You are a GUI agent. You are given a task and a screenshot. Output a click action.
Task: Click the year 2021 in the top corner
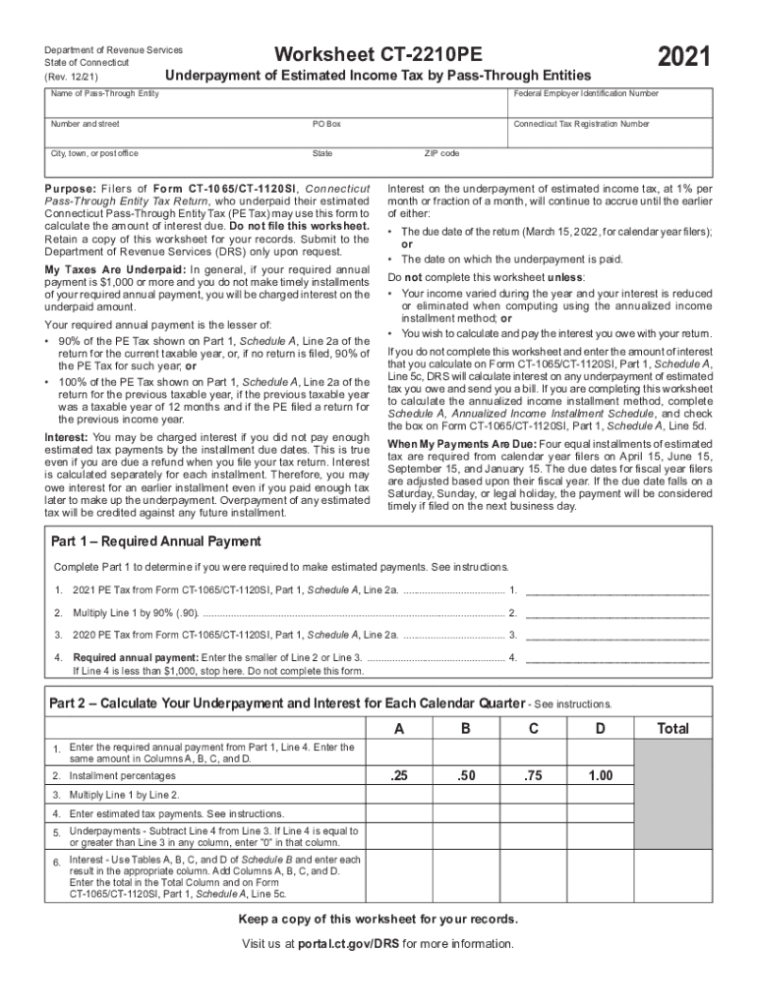684,58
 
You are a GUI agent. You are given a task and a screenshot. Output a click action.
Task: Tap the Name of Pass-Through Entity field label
105,93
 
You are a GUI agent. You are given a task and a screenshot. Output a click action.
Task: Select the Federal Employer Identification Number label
586,93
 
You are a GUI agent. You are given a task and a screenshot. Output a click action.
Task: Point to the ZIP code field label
441,154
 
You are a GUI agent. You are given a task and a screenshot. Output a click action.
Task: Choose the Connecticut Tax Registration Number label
581,125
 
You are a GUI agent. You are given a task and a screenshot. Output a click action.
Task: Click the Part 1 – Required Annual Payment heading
155,541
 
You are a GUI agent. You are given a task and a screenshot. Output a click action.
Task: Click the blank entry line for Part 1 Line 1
617,589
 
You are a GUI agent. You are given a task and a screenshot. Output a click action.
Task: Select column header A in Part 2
398,729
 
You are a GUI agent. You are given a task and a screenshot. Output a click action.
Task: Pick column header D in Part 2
600,729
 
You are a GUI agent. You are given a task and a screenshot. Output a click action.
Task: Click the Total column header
672,729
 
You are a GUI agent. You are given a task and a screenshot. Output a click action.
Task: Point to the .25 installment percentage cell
398,776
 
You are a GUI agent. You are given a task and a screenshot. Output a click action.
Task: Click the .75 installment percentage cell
533,776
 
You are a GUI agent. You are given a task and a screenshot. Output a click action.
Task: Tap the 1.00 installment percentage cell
600,776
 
